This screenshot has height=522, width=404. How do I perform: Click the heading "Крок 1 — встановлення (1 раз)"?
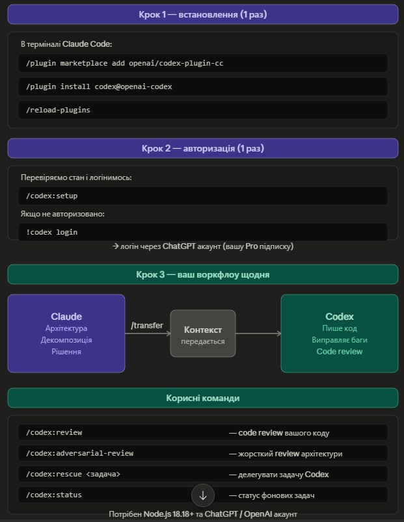coord(202,15)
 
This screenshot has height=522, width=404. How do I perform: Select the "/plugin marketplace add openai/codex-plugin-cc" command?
coord(124,63)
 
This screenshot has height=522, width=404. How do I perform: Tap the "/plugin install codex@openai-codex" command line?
coord(99,86)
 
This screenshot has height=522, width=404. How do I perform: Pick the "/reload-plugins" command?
coord(58,110)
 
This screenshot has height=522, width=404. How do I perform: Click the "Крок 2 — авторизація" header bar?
coord(203,148)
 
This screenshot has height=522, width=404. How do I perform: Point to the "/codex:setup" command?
coord(51,196)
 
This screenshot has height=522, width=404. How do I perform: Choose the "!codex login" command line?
coord(51,232)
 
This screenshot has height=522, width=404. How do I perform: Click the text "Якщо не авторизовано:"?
coord(62,214)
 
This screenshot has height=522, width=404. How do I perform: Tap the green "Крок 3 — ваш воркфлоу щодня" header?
coord(203,274)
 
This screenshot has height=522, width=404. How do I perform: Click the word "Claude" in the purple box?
coord(66,317)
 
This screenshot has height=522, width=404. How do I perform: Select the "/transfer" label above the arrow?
coord(147,325)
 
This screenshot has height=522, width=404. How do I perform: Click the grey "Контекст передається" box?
coord(203,333)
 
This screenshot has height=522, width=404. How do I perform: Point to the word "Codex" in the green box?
coord(340,317)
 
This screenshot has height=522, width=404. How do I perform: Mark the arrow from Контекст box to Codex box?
coord(258,333)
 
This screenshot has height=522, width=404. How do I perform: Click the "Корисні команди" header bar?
coord(203,398)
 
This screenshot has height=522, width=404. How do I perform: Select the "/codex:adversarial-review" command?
coord(79,453)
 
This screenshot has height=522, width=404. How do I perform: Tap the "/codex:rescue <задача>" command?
coord(73,474)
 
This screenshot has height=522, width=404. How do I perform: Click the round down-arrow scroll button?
coord(203,495)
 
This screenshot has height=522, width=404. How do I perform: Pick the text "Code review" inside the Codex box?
coord(340,352)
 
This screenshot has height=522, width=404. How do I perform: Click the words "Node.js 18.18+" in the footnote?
coord(168,514)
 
